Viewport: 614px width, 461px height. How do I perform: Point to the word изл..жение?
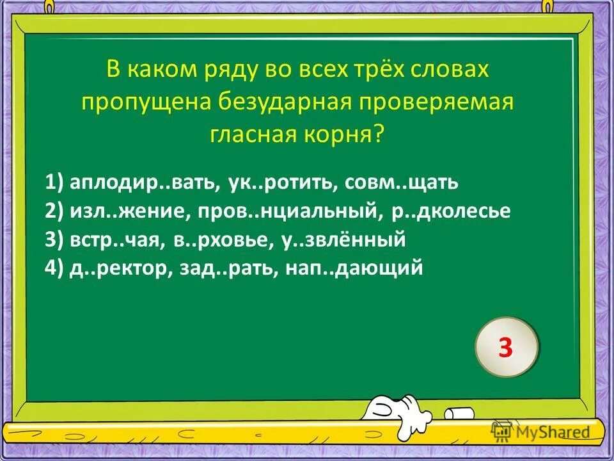(115, 212)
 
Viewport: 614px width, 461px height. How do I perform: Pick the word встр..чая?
(113, 240)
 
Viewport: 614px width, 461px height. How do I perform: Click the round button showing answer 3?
(506, 348)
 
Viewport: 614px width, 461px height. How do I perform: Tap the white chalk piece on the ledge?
(460, 414)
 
